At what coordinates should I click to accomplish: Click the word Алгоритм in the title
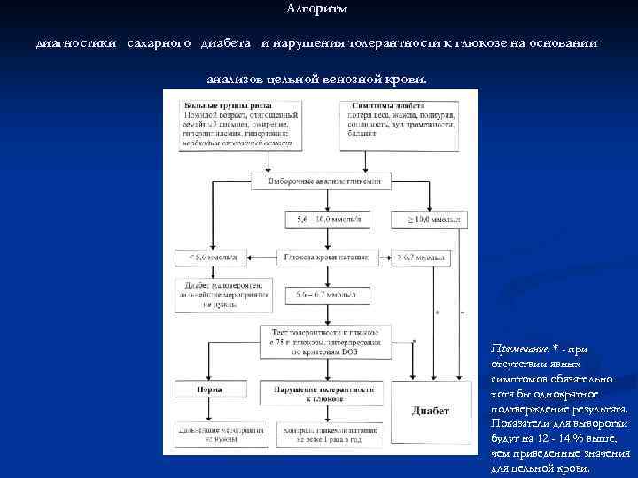(318, 9)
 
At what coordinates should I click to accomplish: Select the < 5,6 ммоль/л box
(213, 258)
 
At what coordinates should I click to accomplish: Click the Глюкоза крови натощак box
(319, 258)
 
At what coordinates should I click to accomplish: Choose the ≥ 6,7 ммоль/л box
(422, 258)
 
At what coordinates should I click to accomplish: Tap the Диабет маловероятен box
(213, 291)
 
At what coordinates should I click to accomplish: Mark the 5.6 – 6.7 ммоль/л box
(319, 292)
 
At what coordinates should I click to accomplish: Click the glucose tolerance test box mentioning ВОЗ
(319, 340)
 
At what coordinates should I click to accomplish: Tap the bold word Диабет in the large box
(431, 411)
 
